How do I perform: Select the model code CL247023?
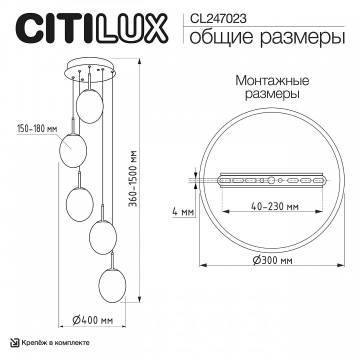218,18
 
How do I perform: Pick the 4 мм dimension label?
182,212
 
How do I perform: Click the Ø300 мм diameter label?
272,260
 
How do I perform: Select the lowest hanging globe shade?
112,285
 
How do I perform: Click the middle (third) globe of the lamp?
79,202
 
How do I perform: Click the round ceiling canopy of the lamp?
90,70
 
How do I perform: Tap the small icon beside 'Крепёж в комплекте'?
15,342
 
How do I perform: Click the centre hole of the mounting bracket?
271,180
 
